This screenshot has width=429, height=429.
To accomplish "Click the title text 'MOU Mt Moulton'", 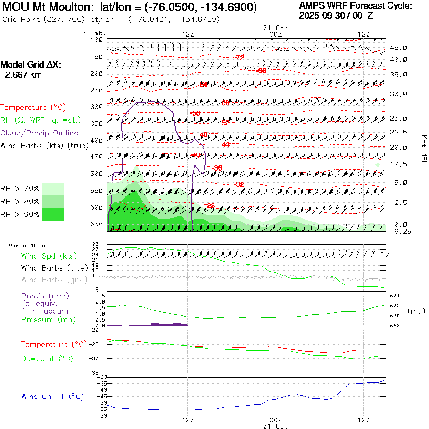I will click(x=48, y=8).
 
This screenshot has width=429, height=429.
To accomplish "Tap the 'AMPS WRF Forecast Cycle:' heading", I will click(x=356, y=6).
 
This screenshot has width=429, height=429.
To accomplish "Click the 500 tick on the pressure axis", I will click(x=97, y=174).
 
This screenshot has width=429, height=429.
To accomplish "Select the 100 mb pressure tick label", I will click(x=97, y=40).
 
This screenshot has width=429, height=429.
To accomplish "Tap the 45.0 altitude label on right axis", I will click(x=398, y=48).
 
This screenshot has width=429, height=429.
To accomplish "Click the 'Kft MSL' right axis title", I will click(x=423, y=149).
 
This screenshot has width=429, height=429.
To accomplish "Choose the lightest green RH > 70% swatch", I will click(x=53, y=189).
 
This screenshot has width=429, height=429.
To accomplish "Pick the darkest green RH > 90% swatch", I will click(x=53, y=214).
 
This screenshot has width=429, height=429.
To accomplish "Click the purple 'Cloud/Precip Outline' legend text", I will click(x=40, y=133).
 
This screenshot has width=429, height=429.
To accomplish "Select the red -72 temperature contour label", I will click(x=240, y=57).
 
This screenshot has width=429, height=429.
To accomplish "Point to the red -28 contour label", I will click(x=210, y=205).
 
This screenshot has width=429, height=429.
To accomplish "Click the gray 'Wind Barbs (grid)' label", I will click(x=54, y=280).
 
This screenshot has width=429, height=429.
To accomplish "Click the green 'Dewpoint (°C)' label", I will click(x=47, y=358).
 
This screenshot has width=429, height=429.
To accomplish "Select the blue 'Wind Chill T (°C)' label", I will click(x=52, y=397).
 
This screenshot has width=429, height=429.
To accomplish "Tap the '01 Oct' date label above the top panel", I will click(x=276, y=28).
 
